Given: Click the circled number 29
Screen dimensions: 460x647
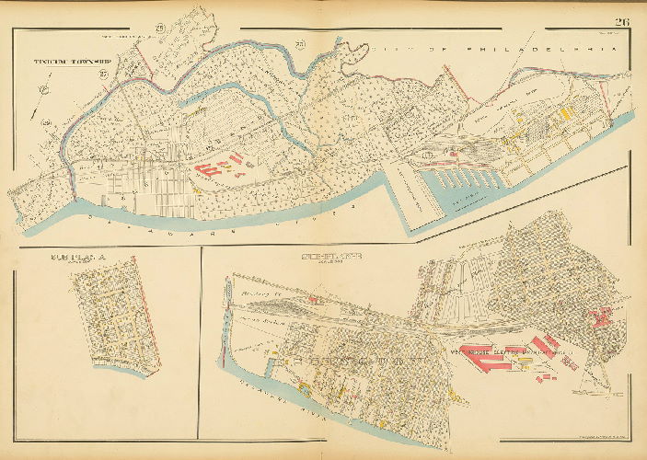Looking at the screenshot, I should click(43, 122).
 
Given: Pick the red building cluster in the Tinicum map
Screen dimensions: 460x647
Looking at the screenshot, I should click(219, 168).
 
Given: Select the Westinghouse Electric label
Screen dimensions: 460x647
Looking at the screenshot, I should click(515, 351).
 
